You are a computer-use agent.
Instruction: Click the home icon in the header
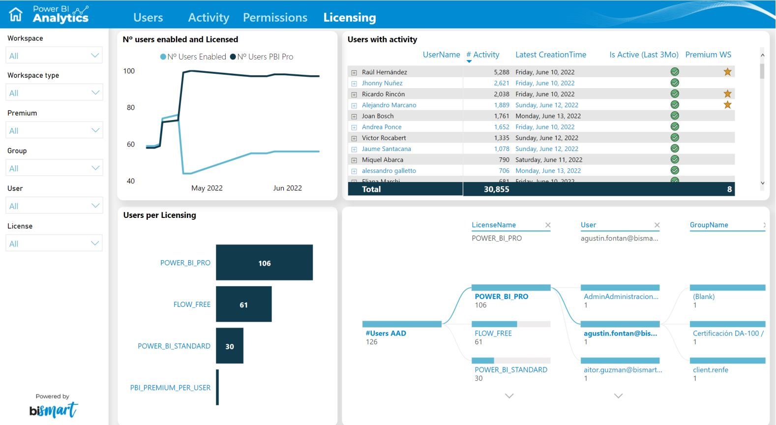[16, 14]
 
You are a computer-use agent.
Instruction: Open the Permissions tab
[275, 18]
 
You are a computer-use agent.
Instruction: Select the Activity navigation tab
[209, 18]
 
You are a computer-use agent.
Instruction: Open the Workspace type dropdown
[54, 92]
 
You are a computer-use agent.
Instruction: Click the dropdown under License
[54, 243]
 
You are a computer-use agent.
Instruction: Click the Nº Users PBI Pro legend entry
[262, 57]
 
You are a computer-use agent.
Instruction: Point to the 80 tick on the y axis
[130, 107]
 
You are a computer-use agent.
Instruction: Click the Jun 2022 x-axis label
[287, 188]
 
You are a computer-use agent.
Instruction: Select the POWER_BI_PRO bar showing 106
[264, 263]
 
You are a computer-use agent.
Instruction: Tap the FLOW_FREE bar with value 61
[243, 304]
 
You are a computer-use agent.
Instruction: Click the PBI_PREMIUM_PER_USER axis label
[170, 388]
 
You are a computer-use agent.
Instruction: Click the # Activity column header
[482, 55]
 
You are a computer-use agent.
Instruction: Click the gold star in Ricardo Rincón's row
[727, 93]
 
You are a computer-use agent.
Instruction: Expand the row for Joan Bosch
[354, 116]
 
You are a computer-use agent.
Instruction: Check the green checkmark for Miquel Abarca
[675, 159]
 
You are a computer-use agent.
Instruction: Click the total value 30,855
[496, 189]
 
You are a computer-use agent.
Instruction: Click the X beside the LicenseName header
[548, 225]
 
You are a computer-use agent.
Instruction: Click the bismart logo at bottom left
[53, 410]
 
